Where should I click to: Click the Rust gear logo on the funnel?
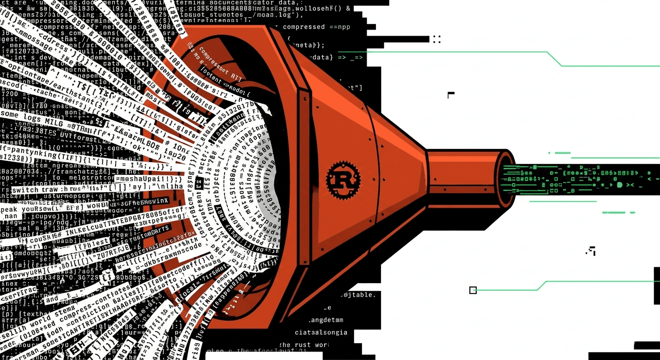coord(344,178)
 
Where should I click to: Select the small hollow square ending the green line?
coord(472,290)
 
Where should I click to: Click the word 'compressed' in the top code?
coord(304,27)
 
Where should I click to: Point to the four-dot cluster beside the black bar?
coord(437,39)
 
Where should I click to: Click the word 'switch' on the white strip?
coord(25,190)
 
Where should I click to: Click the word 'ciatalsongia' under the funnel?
coord(321,332)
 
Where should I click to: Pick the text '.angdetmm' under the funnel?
coord(325,320)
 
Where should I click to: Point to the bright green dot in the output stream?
coord(620,185)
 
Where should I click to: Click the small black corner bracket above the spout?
coord(451,95)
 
